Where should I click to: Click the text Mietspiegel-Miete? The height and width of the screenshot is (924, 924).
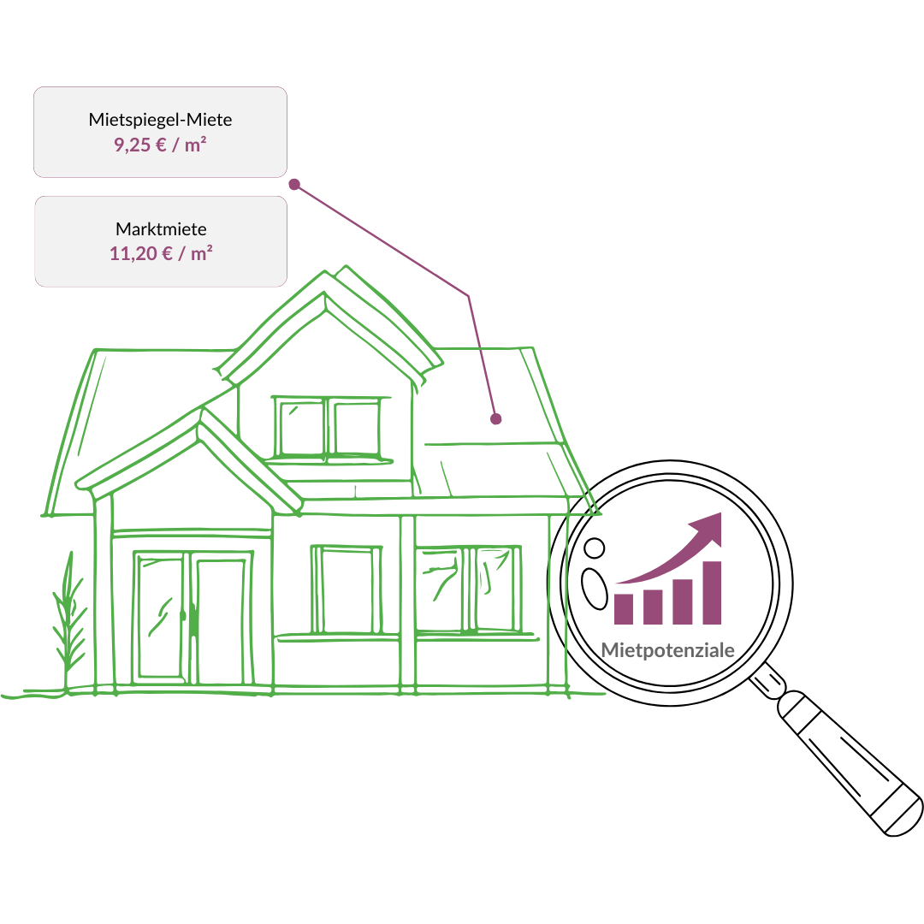pos(160,120)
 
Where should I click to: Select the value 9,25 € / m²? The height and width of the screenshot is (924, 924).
pos(160,145)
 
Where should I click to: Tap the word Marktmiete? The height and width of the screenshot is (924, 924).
pos(161,229)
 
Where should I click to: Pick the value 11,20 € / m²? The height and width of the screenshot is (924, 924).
pos(161,253)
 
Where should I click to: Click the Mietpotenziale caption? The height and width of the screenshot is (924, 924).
pos(667,650)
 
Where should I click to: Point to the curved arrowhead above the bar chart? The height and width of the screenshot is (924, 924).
pos(709,526)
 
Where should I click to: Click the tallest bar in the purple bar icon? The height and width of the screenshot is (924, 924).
pos(712,593)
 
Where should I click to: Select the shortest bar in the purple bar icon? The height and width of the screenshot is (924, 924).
pos(624,609)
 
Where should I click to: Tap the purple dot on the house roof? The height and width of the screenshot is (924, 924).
pos(495,419)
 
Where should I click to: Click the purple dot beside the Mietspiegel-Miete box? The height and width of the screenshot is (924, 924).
pos(294,184)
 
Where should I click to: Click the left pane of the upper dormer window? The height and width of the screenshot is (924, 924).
pos(301,428)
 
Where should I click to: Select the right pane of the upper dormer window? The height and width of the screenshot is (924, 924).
pos(356,428)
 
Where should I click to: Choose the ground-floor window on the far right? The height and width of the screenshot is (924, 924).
pos(468,589)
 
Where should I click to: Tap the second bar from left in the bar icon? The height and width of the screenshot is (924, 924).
pos(653,607)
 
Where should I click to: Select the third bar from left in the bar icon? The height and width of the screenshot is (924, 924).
pos(683,601)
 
